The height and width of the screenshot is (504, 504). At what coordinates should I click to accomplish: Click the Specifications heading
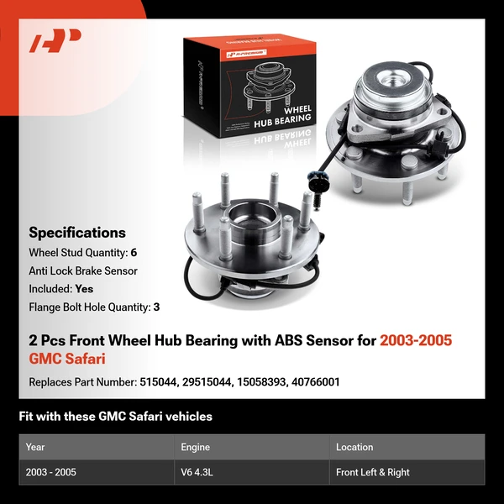coord(77,233)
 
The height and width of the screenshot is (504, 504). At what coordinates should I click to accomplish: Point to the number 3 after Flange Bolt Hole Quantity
coord(156,307)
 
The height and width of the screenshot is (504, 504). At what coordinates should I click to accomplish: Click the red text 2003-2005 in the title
coord(416,341)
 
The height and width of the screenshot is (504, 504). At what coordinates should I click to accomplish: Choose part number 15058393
coord(260,382)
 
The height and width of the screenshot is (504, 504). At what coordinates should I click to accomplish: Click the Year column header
coord(35,448)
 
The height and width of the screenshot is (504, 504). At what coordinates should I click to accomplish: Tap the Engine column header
coord(195,448)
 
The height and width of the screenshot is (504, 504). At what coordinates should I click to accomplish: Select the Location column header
coord(354,448)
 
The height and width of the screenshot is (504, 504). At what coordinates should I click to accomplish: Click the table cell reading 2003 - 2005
coord(51,472)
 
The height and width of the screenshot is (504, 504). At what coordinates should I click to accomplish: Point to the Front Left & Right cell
coord(373,472)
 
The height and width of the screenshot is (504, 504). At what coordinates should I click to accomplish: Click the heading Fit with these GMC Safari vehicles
coord(116,416)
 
